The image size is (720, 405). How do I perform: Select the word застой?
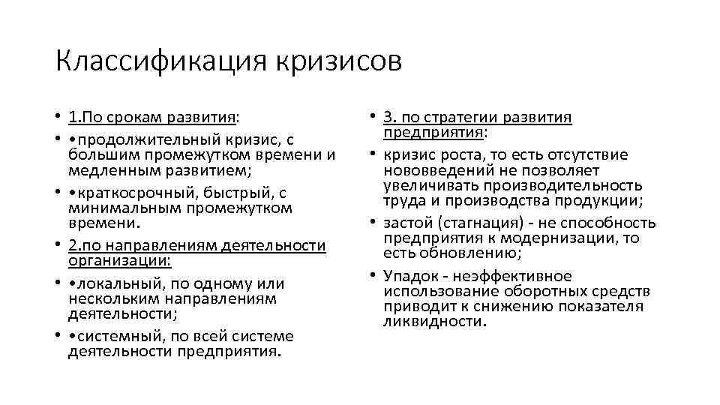click(407, 223)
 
